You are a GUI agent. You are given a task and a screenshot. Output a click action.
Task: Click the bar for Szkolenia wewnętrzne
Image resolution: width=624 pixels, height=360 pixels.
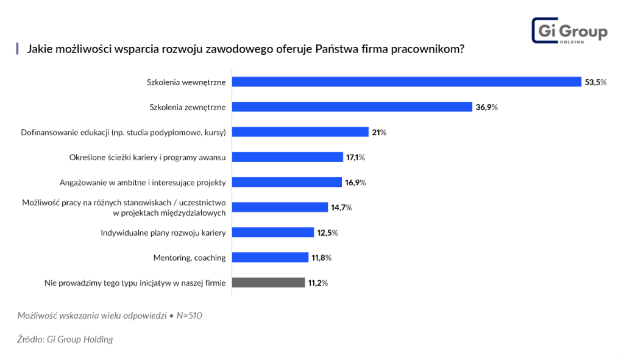point(406,82)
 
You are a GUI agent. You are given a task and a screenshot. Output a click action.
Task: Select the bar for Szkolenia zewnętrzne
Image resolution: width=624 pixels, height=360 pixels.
point(352,107)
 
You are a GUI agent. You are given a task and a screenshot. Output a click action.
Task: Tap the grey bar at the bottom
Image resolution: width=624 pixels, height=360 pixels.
point(268,283)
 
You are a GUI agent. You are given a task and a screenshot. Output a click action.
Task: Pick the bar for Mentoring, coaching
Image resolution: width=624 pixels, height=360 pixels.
point(270,258)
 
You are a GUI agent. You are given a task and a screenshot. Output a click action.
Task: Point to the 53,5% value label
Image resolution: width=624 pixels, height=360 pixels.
point(595,82)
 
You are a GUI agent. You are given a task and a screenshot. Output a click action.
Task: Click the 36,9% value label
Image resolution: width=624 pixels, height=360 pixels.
point(486,107)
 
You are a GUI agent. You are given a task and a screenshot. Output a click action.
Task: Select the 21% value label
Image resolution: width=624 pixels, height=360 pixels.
point(379,132)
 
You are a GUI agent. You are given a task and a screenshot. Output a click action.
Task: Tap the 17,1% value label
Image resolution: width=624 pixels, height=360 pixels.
point(355,157)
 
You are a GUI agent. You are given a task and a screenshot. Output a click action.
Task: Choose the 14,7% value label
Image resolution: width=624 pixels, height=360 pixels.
point(341,208)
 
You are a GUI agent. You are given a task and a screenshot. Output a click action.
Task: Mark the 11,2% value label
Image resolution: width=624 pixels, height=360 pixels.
point(317,283)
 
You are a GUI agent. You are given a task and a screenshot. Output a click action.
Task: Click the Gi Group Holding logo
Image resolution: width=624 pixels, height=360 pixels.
point(569,30)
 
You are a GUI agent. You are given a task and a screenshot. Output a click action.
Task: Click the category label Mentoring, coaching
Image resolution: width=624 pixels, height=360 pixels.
point(190,258)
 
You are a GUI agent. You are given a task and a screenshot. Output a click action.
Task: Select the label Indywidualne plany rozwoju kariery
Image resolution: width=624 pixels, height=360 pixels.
point(163,233)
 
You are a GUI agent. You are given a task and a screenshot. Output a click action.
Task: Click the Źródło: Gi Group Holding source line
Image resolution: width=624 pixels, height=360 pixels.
point(65,339)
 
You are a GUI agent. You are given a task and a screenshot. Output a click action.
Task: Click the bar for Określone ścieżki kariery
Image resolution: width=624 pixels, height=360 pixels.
point(288,157)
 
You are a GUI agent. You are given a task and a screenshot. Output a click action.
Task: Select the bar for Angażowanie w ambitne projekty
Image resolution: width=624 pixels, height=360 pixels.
point(286,182)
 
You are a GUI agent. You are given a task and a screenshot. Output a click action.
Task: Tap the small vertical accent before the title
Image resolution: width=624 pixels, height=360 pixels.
point(18,49)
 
